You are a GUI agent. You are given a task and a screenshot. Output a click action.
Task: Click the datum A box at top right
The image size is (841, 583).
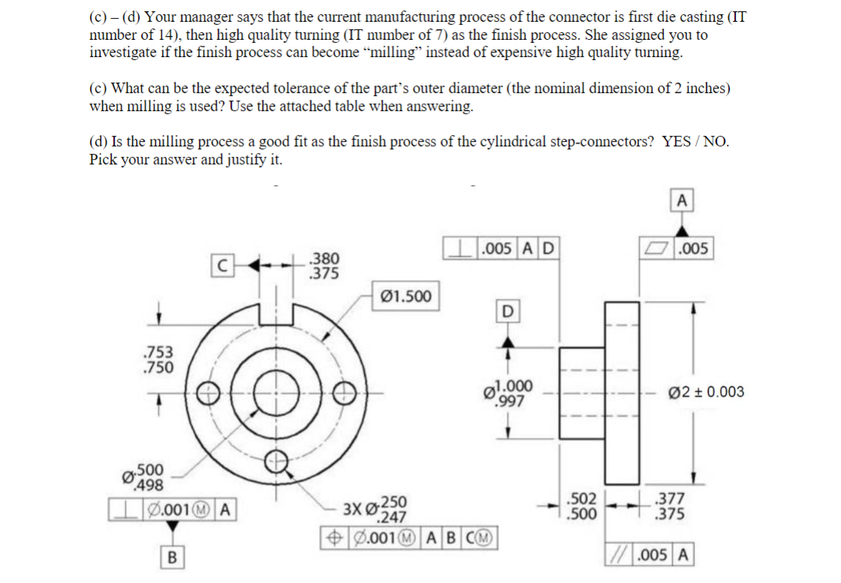[x=680, y=200]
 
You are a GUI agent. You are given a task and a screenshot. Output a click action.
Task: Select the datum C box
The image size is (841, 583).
[x=221, y=264]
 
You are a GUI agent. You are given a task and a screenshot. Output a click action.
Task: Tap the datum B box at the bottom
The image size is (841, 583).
[x=173, y=557]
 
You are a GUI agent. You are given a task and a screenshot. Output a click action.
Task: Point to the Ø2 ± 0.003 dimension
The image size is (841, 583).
[x=707, y=392]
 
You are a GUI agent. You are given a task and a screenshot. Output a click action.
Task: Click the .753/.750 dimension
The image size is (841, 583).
[x=158, y=359]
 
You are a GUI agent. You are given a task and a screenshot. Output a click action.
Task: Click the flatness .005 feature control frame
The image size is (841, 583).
[x=677, y=249]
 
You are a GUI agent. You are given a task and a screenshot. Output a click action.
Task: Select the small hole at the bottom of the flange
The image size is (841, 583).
[x=277, y=461]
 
